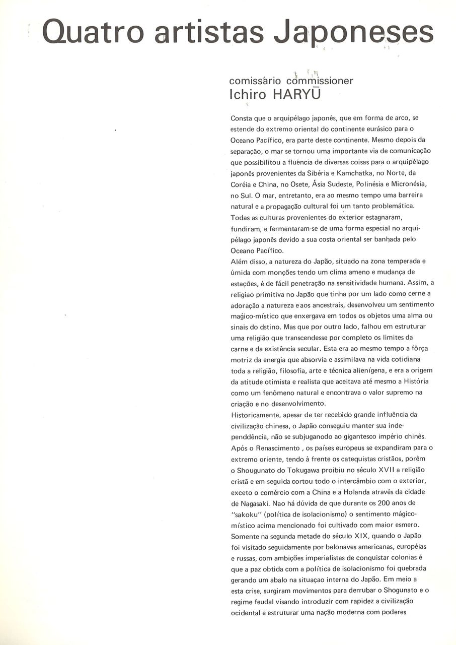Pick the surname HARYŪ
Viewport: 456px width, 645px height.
(296, 94)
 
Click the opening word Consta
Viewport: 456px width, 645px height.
(242, 118)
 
